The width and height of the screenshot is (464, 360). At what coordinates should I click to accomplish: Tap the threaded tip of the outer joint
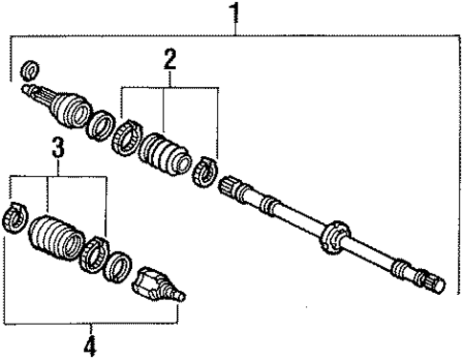(x=181, y=298)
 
